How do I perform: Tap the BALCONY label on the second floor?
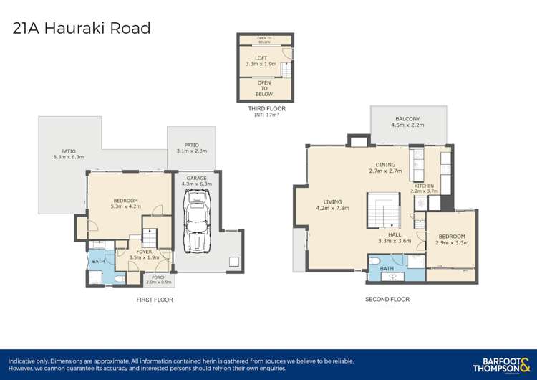pyautogui.click(x=408, y=118)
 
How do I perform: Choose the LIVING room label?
pyautogui.click(x=332, y=201)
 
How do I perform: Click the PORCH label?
pyautogui.click(x=155, y=277)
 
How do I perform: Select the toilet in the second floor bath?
pyautogui.click(x=377, y=274)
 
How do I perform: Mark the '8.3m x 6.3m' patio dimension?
pyautogui.click(x=69, y=157)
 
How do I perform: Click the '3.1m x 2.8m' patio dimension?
pyautogui.click(x=191, y=151)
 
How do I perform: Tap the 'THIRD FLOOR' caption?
pyautogui.click(x=266, y=109)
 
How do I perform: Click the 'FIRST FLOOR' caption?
pyautogui.click(x=155, y=300)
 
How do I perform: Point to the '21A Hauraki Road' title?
pyautogui.click(x=82, y=29)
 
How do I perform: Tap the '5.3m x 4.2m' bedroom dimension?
pyautogui.click(x=125, y=206)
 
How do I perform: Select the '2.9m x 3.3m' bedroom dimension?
pyautogui.click(x=452, y=243)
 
